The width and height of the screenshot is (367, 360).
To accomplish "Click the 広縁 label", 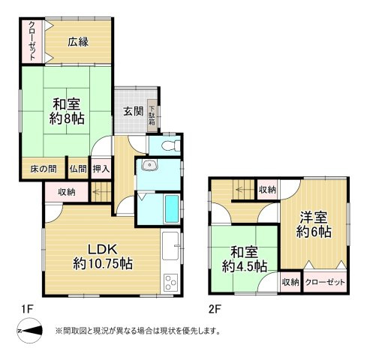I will [x=77, y=42].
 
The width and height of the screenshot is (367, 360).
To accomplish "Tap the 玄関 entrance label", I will [x=133, y=111].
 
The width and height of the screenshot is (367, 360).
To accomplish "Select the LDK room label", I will [x=103, y=248].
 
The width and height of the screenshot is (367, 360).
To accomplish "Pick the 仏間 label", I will [x=78, y=169].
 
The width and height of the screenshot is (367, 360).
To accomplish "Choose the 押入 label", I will [x=101, y=169].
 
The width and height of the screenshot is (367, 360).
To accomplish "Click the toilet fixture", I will [x=166, y=144].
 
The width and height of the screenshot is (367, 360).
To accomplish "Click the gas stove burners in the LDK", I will [x=170, y=283].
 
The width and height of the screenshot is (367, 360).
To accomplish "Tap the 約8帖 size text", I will [x=67, y=118].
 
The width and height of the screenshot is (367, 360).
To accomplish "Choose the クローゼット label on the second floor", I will [x=326, y=282].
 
